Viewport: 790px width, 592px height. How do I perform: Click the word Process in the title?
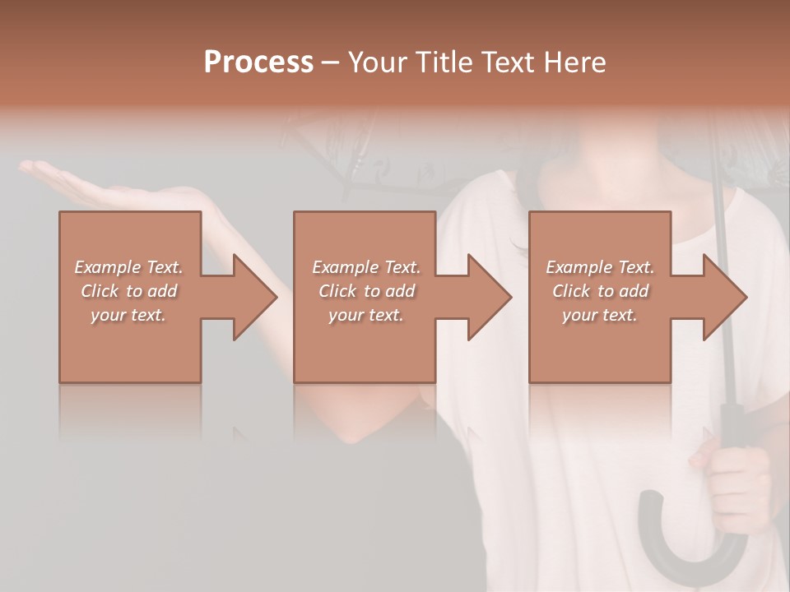pos(258,62)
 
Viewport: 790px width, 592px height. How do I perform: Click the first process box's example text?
pos(129,291)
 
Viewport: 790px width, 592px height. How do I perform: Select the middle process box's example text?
pos(366,291)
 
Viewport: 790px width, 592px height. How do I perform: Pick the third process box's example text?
pos(600,291)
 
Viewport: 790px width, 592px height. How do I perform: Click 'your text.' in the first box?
pos(128,315)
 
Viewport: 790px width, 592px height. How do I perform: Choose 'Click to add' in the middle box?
pos(366,291)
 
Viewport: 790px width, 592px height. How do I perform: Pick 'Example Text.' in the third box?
pos(600,267)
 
